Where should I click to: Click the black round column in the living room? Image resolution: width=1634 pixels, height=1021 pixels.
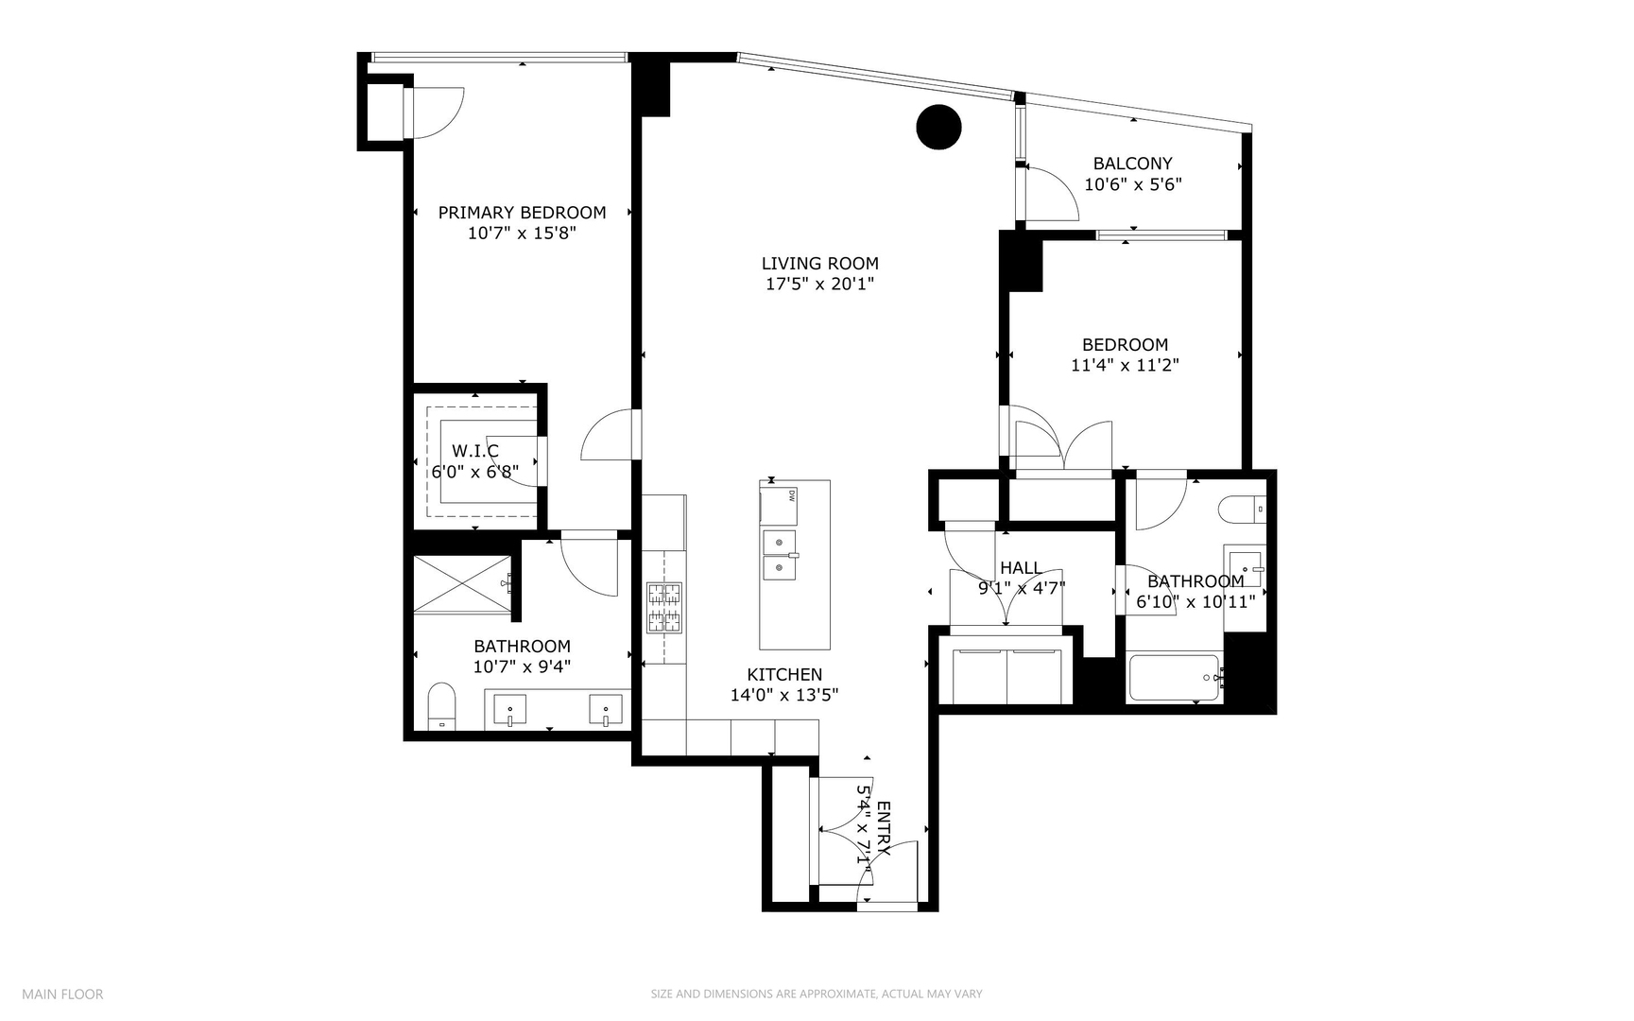tap(938, 126)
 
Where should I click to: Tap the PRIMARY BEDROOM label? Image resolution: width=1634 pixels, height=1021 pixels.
tap(522, 213)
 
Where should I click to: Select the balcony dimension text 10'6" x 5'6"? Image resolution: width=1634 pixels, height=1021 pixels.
tap(1132, 184)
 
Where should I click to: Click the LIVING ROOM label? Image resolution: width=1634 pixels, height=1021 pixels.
tap(819, 264)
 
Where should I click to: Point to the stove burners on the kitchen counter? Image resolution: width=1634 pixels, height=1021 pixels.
tap(663, 607)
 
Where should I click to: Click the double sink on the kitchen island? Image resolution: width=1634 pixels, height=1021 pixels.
tap(779, 555)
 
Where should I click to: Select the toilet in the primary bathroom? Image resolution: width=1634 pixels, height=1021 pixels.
tap(441, 707)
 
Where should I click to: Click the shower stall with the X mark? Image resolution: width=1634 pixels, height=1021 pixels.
tap(461, 584)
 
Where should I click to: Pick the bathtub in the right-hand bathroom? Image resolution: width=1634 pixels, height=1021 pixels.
tap(1174, 677)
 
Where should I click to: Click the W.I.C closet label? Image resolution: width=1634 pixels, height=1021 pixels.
tap(474, 451)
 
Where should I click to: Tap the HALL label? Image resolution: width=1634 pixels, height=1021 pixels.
tap(1020, 568)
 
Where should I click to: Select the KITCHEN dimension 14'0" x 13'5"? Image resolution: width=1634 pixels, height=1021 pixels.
tap(784, 695)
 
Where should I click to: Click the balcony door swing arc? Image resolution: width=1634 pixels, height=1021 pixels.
tap(1052, 194)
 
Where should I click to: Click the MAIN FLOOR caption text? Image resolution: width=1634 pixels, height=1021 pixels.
tap(62, 994)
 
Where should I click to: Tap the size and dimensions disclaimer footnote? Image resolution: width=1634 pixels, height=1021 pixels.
tap(817, 994)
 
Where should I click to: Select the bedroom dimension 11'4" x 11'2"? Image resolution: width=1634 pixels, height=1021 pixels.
tap(1125, 365)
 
